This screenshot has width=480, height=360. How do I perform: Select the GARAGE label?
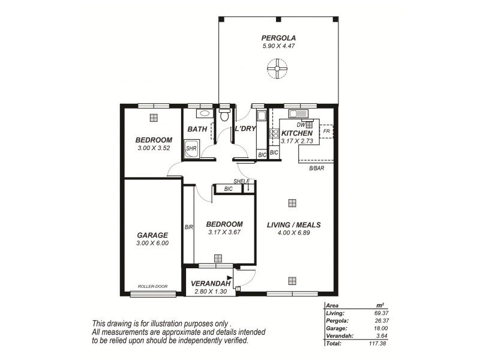point(153,235)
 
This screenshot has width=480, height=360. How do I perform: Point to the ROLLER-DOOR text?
point(153,286)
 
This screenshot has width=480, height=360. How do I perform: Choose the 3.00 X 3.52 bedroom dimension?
point(154,148)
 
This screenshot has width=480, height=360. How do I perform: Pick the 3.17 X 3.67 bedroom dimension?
point(225,232)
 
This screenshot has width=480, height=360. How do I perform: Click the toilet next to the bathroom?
point(224,115)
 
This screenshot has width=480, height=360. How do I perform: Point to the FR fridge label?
point(326,131)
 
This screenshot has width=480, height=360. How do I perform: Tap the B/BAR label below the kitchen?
point(316,169)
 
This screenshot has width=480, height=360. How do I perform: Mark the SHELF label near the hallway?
point(242,181)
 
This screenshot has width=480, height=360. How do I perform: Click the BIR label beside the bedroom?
point(188,227)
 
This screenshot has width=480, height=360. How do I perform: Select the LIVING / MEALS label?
point(294,225)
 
